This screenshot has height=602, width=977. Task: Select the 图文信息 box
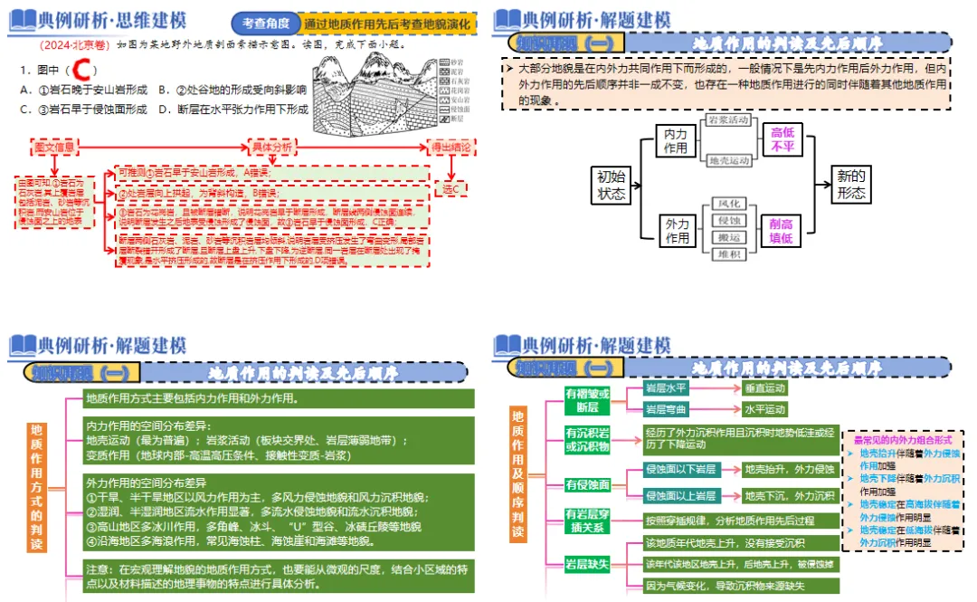tap(54, 147)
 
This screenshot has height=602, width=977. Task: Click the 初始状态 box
tap(611, 185)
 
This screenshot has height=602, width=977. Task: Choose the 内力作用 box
tap(676, 141)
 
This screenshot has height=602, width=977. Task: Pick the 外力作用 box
tap(676, 231)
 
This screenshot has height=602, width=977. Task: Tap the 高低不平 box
tap(782, 141)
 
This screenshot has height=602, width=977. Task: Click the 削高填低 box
tap(782, 231)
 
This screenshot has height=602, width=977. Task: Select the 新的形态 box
tap(850, 185)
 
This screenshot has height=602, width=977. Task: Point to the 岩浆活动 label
tap(727, 120)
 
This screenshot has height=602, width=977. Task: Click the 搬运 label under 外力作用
tap(727, 236)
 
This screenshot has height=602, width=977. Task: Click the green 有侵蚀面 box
tap(588, 484)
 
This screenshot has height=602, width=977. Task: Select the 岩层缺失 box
tap(588, 564)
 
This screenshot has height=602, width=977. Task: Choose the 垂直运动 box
tap(765, 388)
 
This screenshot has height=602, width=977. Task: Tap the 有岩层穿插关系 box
tap(588, 520)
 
